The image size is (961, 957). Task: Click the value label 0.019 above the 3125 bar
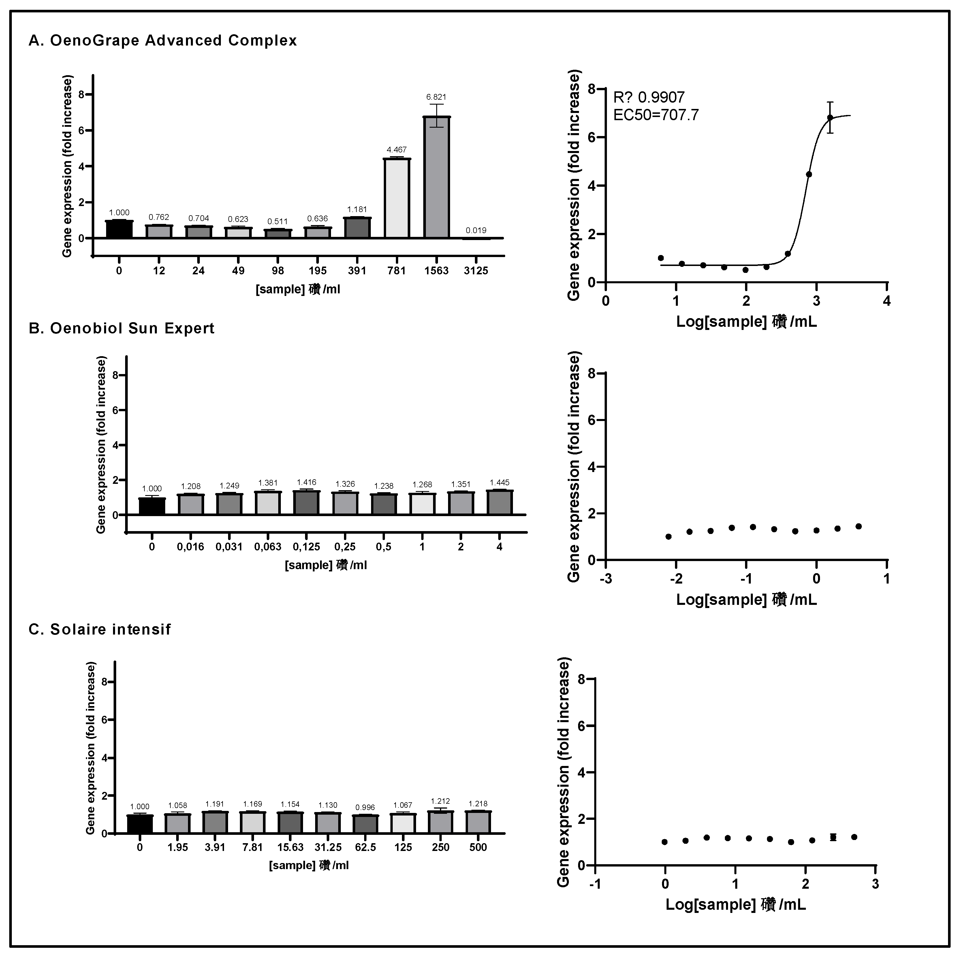point(476,230)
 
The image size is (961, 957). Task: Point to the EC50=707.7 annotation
point(656,115)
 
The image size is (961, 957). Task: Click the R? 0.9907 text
point(649,97)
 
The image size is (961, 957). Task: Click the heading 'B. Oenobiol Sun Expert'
point(122,329)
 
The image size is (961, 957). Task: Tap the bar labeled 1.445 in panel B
point(499,503)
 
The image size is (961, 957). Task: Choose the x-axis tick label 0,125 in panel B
point(306,547)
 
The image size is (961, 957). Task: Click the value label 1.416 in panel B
point(306,482)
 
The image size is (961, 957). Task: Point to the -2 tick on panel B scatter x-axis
point(676,579)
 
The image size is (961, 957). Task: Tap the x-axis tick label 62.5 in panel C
point(366,847)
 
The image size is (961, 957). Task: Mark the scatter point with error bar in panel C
point(833,837)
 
